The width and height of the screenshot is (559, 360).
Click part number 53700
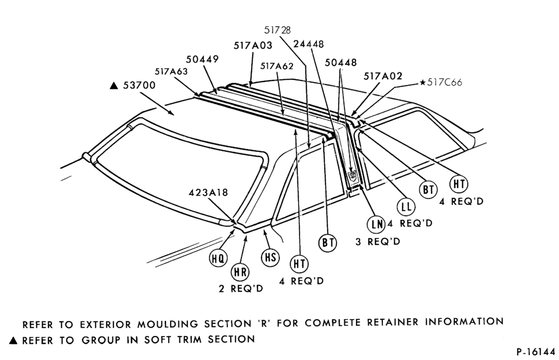(139, 86)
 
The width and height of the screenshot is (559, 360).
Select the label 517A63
(171, 72)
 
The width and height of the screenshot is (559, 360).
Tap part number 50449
(202, 59)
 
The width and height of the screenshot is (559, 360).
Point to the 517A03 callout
(253, 45)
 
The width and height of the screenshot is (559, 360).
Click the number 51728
(277, 30)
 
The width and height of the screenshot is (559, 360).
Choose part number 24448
(309, 44)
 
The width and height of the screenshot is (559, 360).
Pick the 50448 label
(341, 63)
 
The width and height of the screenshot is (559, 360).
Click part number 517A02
(383, 76)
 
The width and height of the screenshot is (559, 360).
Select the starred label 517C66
(441, 82)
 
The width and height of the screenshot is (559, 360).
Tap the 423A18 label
(208, 192)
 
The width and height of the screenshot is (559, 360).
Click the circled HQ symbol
(218, 258)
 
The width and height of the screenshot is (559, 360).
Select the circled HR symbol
(240, 272)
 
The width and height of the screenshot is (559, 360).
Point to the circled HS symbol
(270, 257)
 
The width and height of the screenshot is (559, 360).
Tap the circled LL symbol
(406, 207)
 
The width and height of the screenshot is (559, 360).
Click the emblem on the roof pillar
(353, 174)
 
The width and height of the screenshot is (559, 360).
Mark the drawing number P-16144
(536, 352)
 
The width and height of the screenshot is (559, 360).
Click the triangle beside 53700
(113, 86)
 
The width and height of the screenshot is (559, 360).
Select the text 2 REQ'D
(240, 288)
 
